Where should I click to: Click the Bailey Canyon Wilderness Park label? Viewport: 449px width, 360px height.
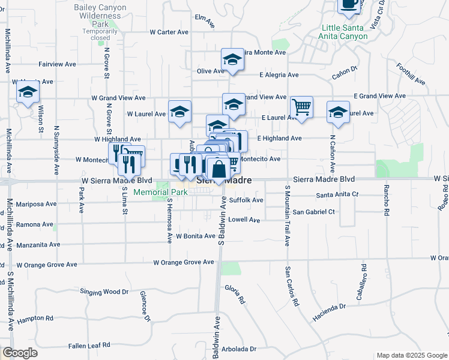click(x=96, y=15)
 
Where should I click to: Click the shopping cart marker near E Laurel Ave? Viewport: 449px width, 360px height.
click(x=301, y=107)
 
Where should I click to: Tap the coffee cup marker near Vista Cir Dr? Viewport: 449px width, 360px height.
click(x=349, y=5)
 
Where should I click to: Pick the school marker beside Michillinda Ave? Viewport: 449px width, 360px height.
click(x=28, y=92)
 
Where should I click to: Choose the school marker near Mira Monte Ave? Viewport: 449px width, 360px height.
click(x=232, y=59)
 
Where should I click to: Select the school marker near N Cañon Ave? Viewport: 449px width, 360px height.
click(x=338, y=112)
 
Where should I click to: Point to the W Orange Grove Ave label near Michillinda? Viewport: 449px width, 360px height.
click(x=46, y=265)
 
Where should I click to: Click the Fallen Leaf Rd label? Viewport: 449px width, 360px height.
click(x=89, y=345)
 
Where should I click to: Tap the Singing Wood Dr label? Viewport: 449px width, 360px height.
click(x=104, y=292)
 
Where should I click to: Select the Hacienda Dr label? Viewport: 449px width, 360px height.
click(x=330, y=307)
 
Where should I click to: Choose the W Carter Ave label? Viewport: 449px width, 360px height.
click(x=169, y=32)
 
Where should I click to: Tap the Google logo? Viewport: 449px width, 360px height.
click(x=20, y=353)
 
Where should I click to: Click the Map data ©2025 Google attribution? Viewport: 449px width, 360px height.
click(x=411, y=355)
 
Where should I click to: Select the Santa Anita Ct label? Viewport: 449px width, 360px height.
click(x=337, y=194)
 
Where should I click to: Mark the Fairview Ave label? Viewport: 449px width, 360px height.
click(x=57, y=64)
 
